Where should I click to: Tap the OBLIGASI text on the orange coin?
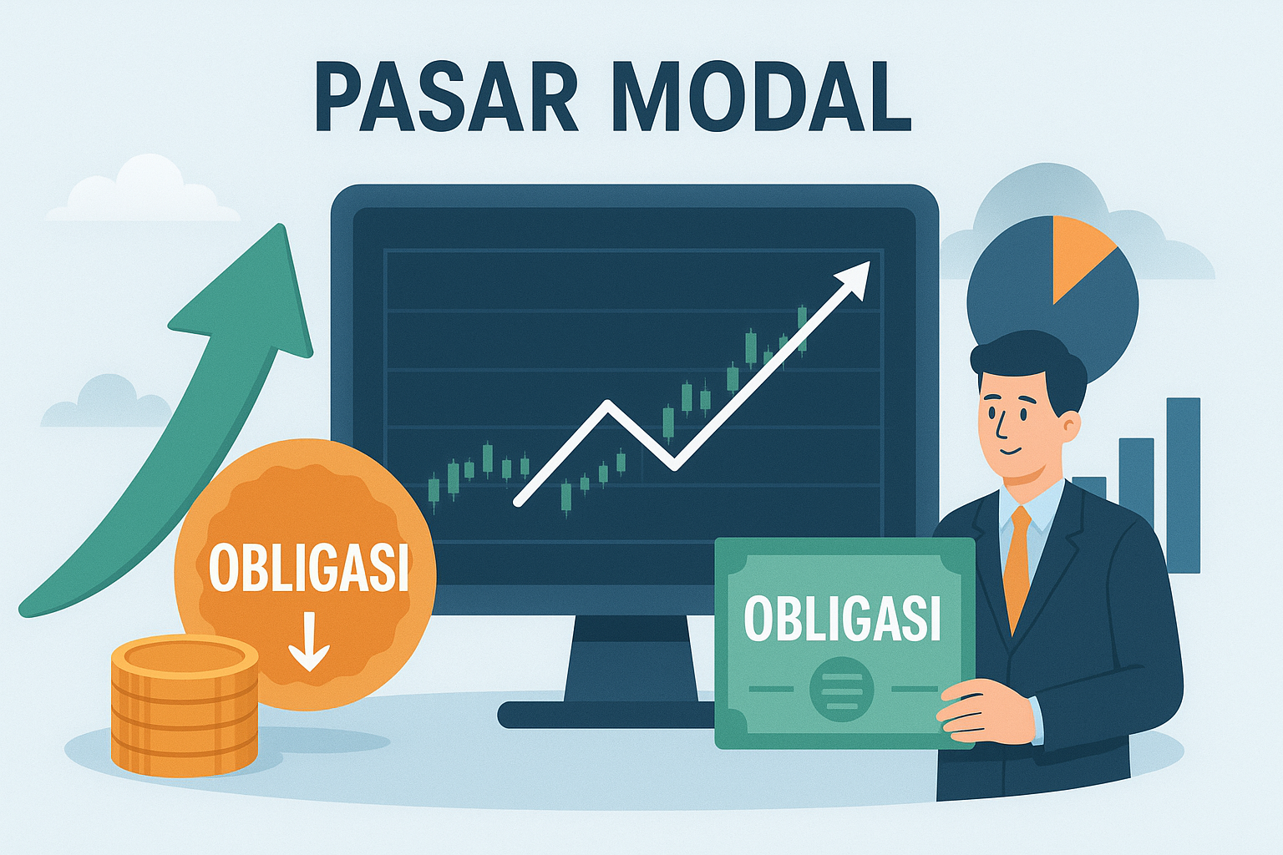(x=309, y=568)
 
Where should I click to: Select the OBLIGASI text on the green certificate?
(x=842, y=620)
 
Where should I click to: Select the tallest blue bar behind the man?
(x=1183, y=484)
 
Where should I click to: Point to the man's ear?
(x=1071, y=427)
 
